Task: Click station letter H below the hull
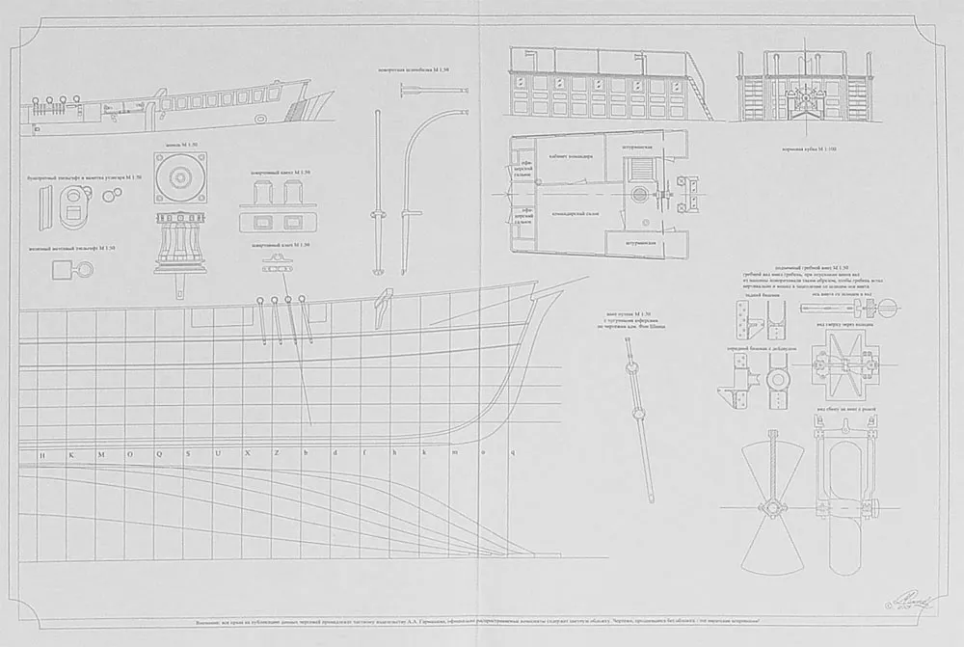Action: (40, 452)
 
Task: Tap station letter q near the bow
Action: (513, 452)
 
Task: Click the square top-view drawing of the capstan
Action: (179, 179)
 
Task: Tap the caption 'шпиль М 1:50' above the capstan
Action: (179, 145)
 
